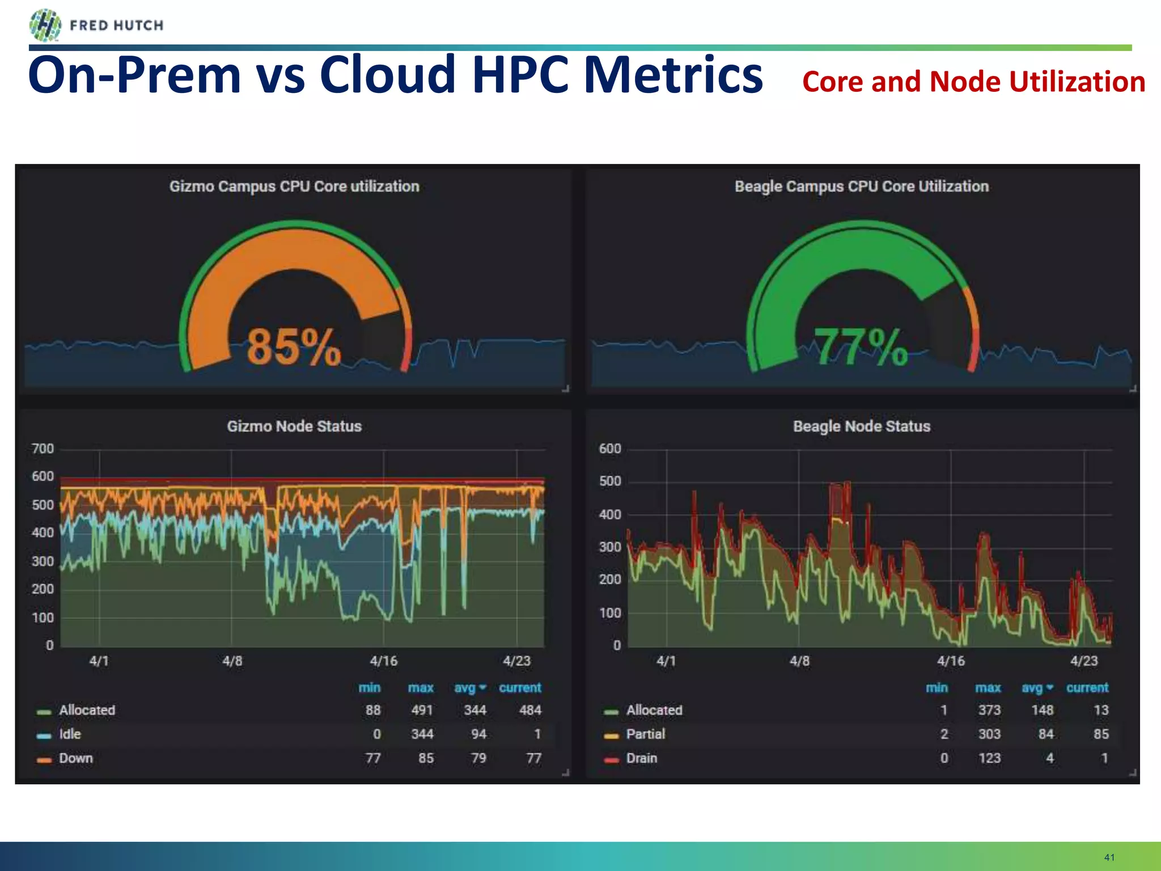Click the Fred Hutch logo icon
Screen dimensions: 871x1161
(45, 26)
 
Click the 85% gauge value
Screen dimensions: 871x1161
(294, 347)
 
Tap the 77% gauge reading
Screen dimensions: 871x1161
(861, 347)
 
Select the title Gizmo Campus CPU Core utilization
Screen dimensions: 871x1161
(294, 187)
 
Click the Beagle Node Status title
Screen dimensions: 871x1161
(861, 426)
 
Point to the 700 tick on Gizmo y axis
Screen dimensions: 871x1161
(43, 449)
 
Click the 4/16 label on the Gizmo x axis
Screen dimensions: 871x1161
(384, 661)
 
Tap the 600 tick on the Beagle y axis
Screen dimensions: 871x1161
(610, 449)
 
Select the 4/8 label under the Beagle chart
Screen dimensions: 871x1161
(799, 661)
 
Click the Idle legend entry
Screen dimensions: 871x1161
(70, 734)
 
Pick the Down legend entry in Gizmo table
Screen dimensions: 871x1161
(75, 759)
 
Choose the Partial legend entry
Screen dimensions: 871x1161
(645, 734)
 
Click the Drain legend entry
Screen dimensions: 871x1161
(641, 759)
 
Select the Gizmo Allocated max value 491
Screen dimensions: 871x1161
(422, 711)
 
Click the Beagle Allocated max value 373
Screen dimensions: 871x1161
(989, 711)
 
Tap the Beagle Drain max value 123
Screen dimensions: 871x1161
(989, 759)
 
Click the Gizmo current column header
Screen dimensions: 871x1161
(520, 688)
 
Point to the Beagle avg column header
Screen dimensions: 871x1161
(1032, 688)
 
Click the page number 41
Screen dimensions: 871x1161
(1109, 857)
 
